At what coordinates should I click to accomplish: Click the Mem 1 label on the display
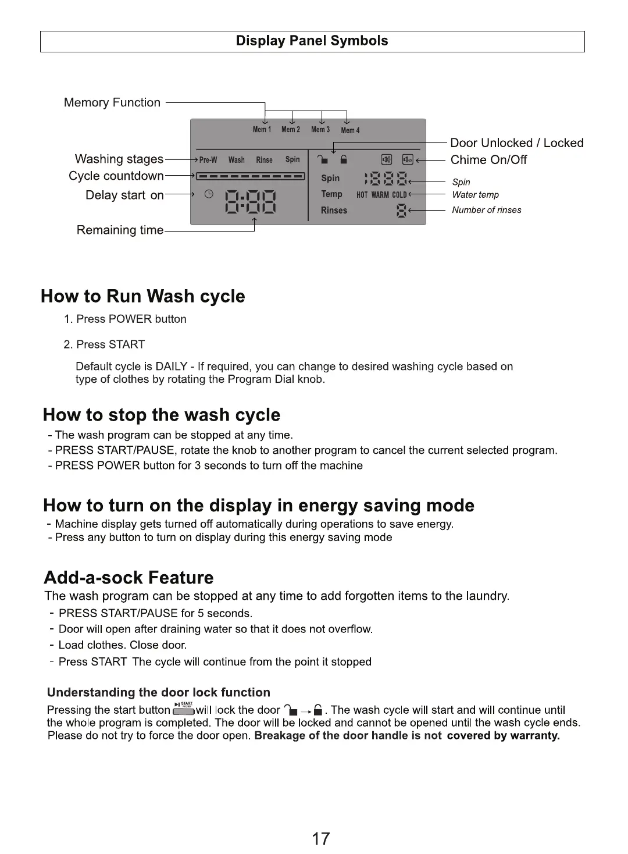tap(262, 129)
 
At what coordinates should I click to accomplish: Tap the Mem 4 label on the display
tap(350, 130)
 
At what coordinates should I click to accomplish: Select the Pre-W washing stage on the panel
tap(208, 160)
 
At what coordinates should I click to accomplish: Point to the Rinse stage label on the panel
tap(264, 160)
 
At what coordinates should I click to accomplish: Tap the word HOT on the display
tap(362, 195)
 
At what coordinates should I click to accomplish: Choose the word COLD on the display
tap(399, 195)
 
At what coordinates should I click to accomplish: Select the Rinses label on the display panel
tap(334, 211)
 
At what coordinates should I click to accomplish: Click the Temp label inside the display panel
tap(331, 194)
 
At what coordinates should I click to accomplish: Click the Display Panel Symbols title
tap(312, 41)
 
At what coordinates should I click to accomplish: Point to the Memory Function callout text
tap(112, 102)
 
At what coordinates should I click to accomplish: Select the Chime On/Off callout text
tap(488, 160)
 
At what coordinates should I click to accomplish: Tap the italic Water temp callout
tap(475, 195)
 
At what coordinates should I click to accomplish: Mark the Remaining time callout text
tap(120, 230)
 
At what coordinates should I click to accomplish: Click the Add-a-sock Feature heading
tap(129, 578)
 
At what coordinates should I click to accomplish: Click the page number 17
tap(320, 838)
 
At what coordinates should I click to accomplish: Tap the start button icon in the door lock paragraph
tap(184, 709)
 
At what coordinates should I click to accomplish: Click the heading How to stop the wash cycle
tap(162, 415)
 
